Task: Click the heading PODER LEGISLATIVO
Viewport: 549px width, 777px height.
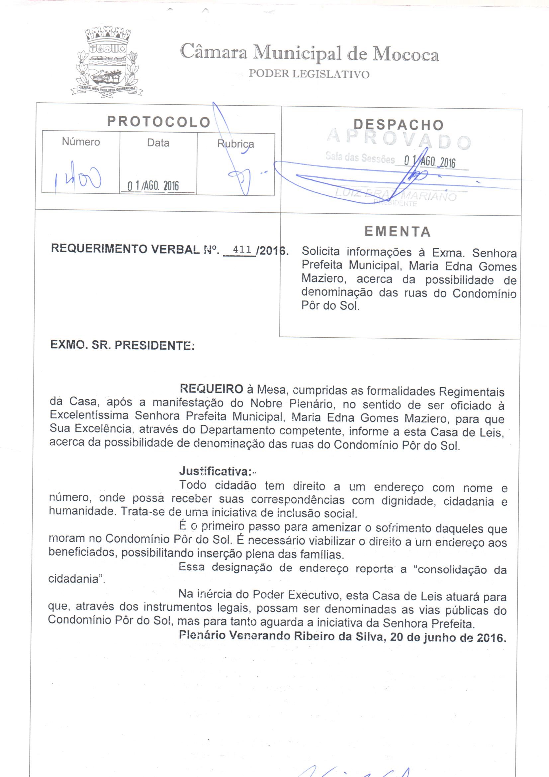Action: pyautogui.click(x=309, y=74)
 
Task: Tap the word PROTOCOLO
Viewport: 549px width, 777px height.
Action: pyautogui.click(x=159, y=122)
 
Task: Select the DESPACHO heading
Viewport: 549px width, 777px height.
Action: pyautogui.click(x=399, y=125)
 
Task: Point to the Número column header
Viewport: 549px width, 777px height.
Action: pyautogui.click(x=81, y=142)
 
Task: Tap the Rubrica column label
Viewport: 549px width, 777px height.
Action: pyautogui.click(x=235, y=144)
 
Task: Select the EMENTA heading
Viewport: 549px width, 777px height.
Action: pyautogui.click(x=398, y=232)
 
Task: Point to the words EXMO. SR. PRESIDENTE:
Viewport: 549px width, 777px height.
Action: pyautogui.click(x=123, y=345)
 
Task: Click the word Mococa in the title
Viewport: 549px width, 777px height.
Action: pyautogui.click(x=406, y=54)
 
